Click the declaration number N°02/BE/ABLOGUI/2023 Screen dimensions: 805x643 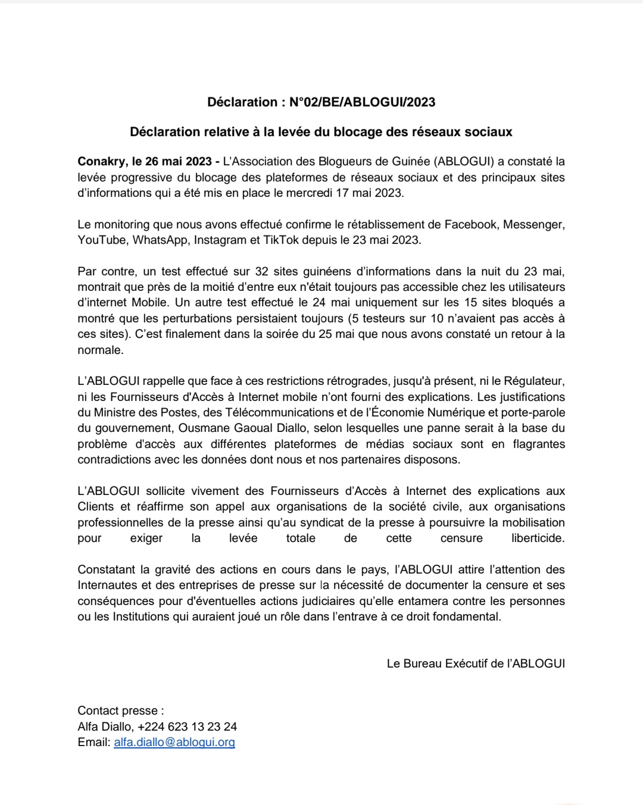click(362, 102)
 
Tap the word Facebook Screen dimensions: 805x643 click(470, 224)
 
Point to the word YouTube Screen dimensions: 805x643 click(102, 240)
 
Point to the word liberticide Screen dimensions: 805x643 click(538, 538)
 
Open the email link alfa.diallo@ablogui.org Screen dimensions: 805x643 click(174, 743)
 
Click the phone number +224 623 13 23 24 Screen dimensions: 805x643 click(187, 726)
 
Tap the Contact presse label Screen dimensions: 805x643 click(120, 711)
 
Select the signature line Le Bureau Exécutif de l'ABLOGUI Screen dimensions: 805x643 click(476, 663)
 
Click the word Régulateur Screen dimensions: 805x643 click(531, 381)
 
